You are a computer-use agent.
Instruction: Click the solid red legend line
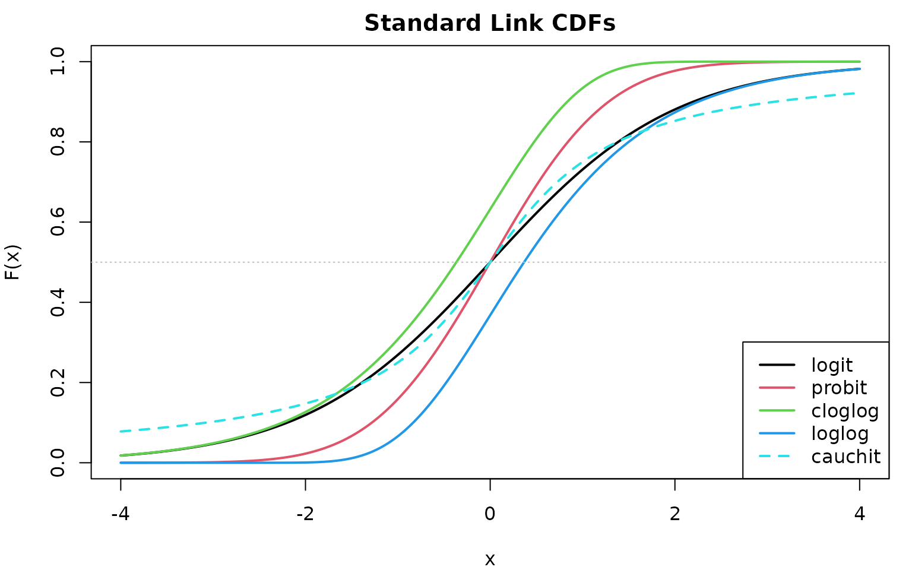pos(777,388)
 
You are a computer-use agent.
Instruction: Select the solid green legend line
pos(777,410)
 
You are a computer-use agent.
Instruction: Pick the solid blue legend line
pos(777,433)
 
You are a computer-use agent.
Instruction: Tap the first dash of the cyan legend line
pos(764,456)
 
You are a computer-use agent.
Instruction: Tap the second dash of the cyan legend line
pos(783,456)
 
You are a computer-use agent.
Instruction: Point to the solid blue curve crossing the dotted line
pos(523,262)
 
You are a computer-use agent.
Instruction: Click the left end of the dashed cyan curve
pos(121,431)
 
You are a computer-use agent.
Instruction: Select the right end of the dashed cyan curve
pos(854,93)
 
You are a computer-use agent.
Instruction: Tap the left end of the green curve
pos(121,455)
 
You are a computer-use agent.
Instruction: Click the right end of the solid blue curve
pos(860,69)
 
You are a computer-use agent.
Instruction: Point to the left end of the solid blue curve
pos(121,463)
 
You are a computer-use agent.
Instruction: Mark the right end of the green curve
pos(860,61)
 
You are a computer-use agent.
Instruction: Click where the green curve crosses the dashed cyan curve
pos(340,392)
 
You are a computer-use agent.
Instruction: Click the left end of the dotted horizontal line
pos(92,262)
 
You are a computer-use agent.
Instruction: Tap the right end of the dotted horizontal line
pos(886,262)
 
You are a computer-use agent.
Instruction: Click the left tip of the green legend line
pos(760,410)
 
